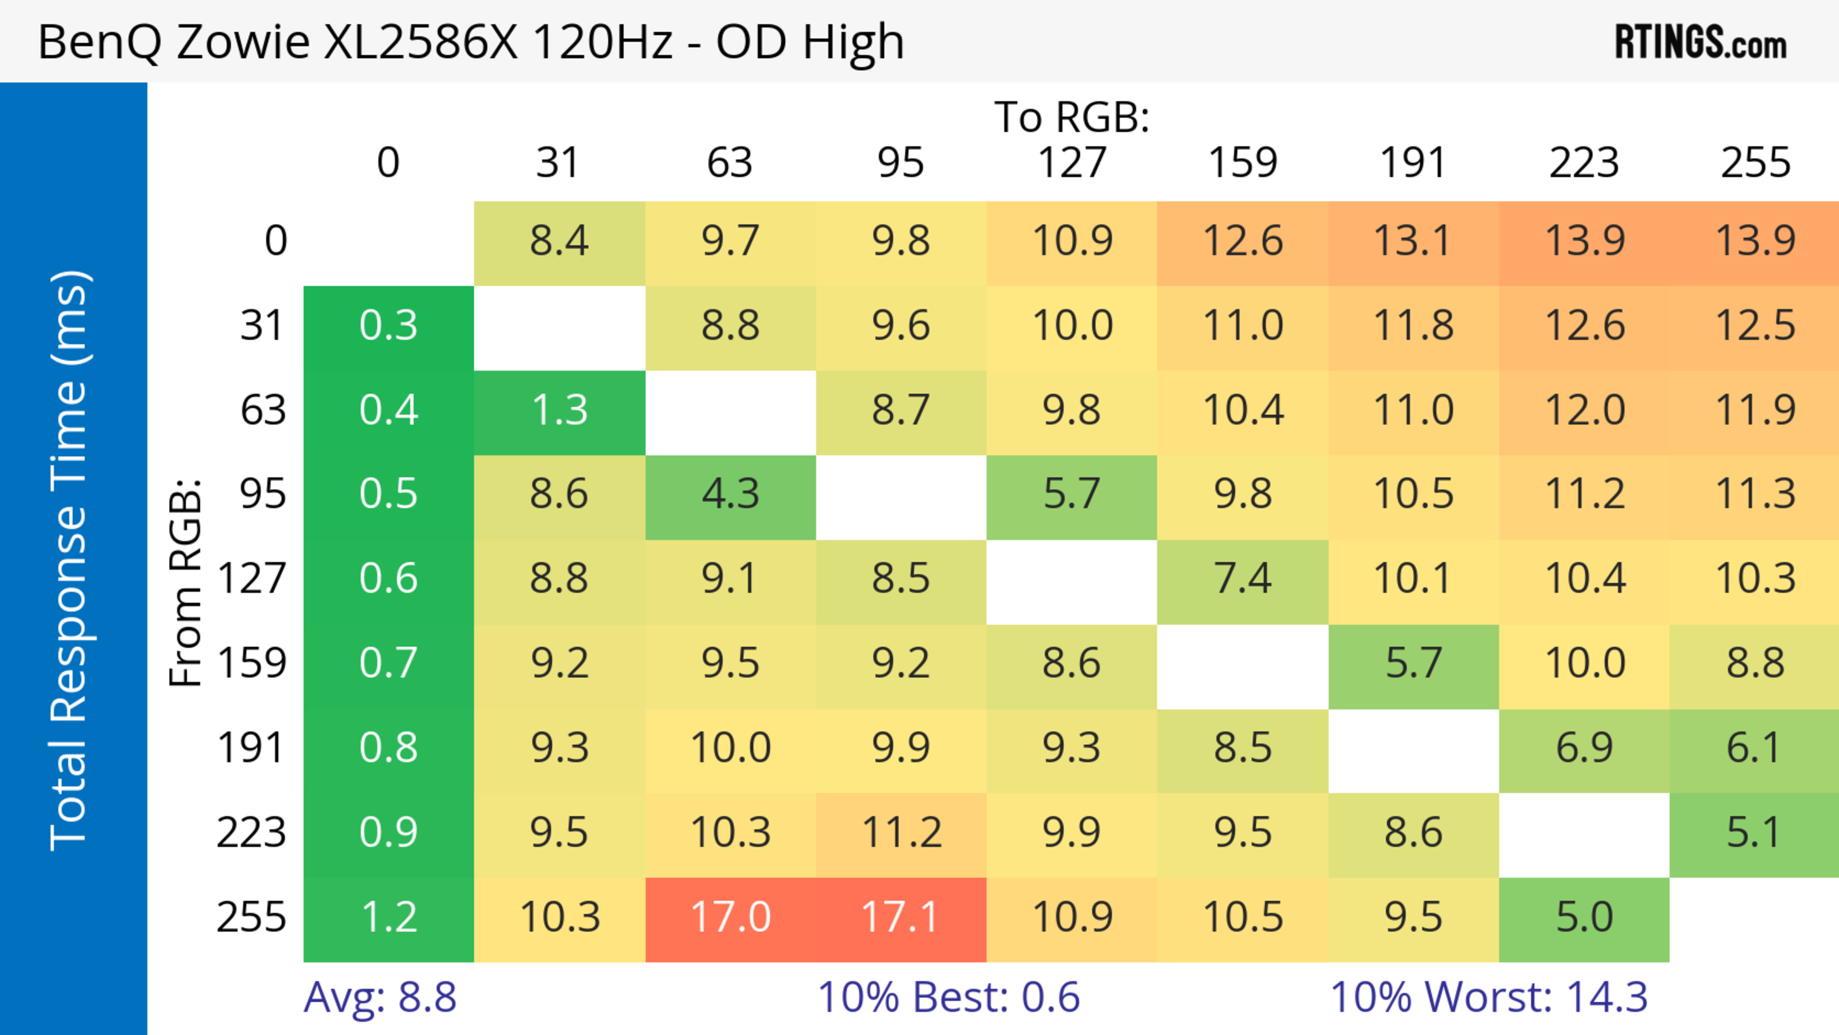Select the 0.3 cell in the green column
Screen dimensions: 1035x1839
(388, 326)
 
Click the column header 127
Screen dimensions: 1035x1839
(1072, 163)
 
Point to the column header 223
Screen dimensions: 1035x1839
(1584, 163)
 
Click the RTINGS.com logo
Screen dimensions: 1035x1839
(1701, 43)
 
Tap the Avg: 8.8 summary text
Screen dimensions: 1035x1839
(380, 997)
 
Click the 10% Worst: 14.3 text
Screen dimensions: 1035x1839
(1488, 997)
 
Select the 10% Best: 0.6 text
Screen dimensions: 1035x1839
(949, 997)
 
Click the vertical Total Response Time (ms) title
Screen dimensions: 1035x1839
(70, 560)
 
